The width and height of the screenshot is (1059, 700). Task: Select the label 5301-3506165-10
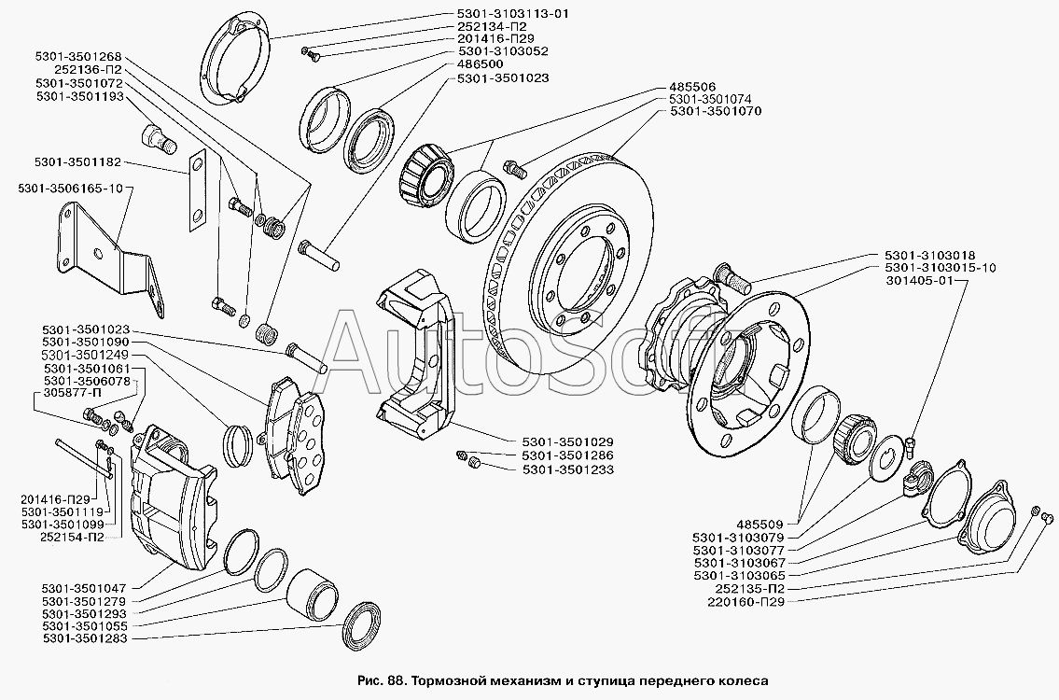coord(71,188)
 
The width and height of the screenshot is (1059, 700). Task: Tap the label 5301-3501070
coord(716,111)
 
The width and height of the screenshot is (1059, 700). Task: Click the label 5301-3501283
coord(84,637)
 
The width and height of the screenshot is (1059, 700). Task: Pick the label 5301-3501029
coord(567,441)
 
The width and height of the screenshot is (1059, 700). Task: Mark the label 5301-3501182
coord(77,162)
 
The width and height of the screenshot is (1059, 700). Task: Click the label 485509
coord(759,524)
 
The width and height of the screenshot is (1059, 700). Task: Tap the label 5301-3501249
coord(84,355)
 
